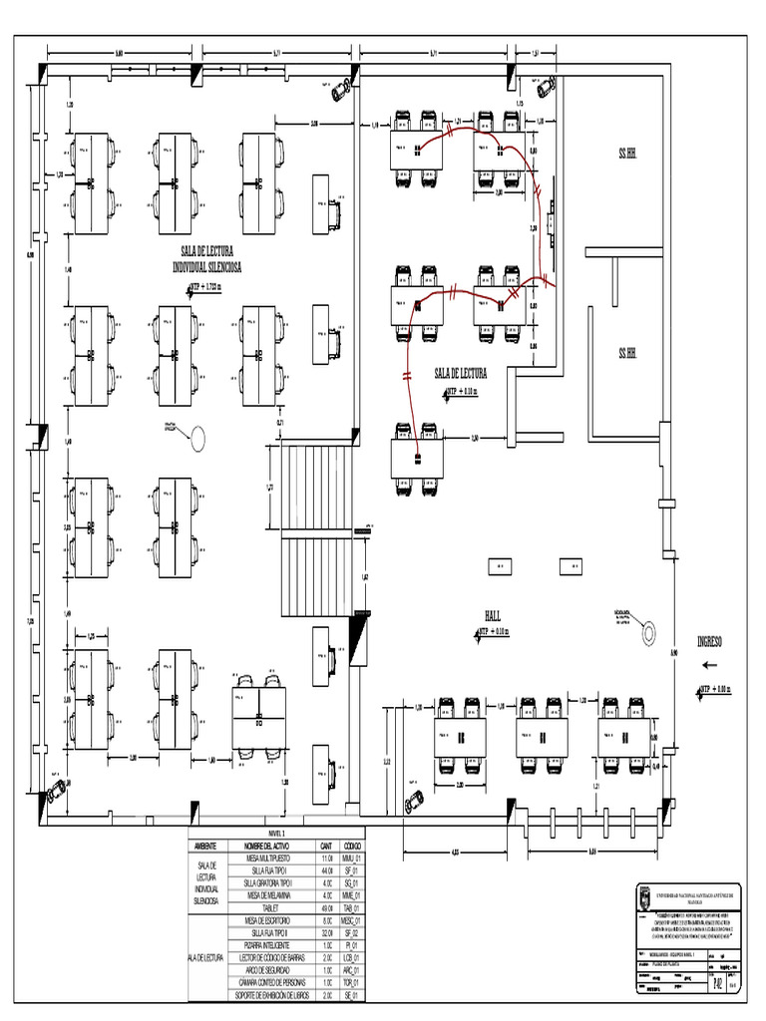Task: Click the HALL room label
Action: [x=492, y=614]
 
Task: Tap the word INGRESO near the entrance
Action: [x=715, y=640]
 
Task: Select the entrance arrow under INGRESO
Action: [x=710, y=664]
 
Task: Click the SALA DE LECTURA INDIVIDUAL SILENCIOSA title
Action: [x=211, y=261]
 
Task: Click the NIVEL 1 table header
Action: [x=276, y=833]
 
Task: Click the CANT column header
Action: [x=326, y=846]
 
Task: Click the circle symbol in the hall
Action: [x=650, y=630]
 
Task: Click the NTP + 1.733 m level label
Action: [x=209, y=287]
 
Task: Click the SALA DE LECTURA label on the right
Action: [x=460, y=373]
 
